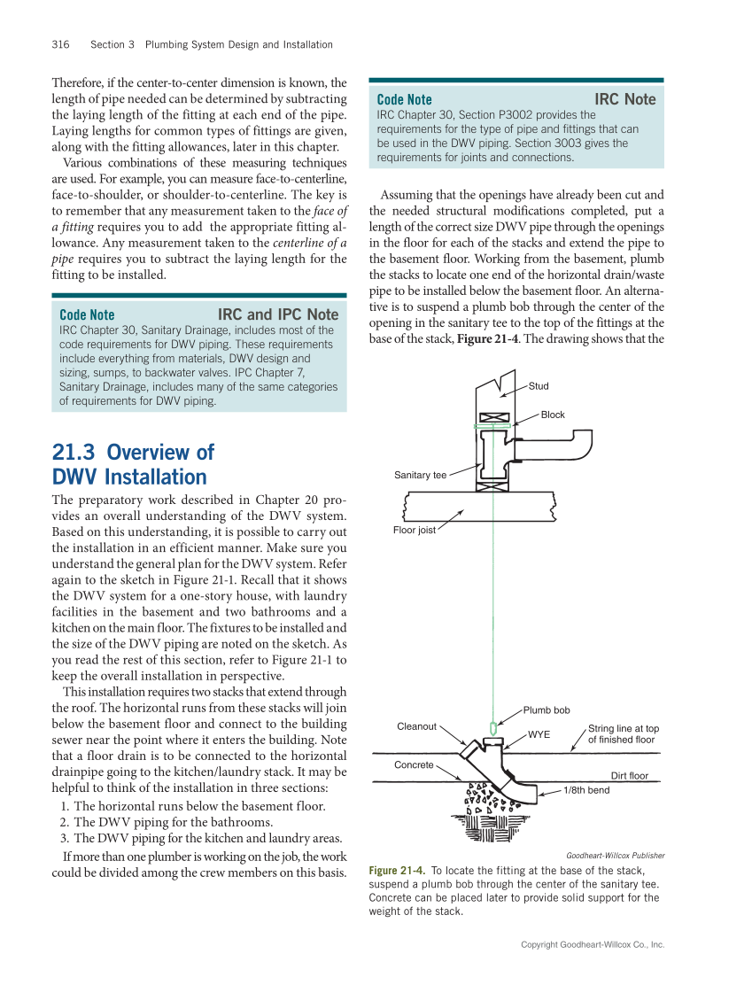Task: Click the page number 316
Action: click(x=60, y=44)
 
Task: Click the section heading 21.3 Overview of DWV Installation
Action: click(x=133, y=464)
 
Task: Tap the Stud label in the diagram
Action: click(x=539, y=386)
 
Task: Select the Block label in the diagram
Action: click(x=553, y=415)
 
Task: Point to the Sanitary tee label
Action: click(x=420, y=476)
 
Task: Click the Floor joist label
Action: click(x=415, y=531)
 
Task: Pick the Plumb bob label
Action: click(x=547, y=710)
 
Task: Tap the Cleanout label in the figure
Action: click(x=416, y=726)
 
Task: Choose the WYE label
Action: click(x=539, y=734)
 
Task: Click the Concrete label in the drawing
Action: click(x=414, y=764)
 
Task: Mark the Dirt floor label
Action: click(x=630, y=776)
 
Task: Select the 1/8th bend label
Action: click(x=586, y=790)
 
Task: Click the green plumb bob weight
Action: click(x=492, y=728)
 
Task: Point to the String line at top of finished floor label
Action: click(x=623, y=734)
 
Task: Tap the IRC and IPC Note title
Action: click(x=278, y=314)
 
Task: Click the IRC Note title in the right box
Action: click(x=624, y=99)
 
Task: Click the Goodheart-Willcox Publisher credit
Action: click(x=615, y=856)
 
